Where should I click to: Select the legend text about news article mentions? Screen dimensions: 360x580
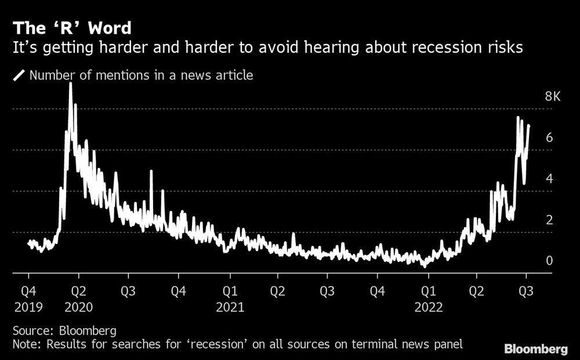coord(141,75)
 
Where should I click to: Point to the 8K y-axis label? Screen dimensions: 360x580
coord(552,97)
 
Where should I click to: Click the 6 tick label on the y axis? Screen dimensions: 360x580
coord(549,138)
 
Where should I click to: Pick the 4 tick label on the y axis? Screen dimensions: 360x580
coord(549,179)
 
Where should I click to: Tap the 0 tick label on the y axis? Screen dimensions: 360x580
coord(549,261)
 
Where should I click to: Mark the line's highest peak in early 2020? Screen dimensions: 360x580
coord(71,84)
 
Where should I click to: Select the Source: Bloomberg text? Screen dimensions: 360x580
coord(64,331)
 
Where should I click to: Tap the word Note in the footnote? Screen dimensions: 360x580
coord(24,345)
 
